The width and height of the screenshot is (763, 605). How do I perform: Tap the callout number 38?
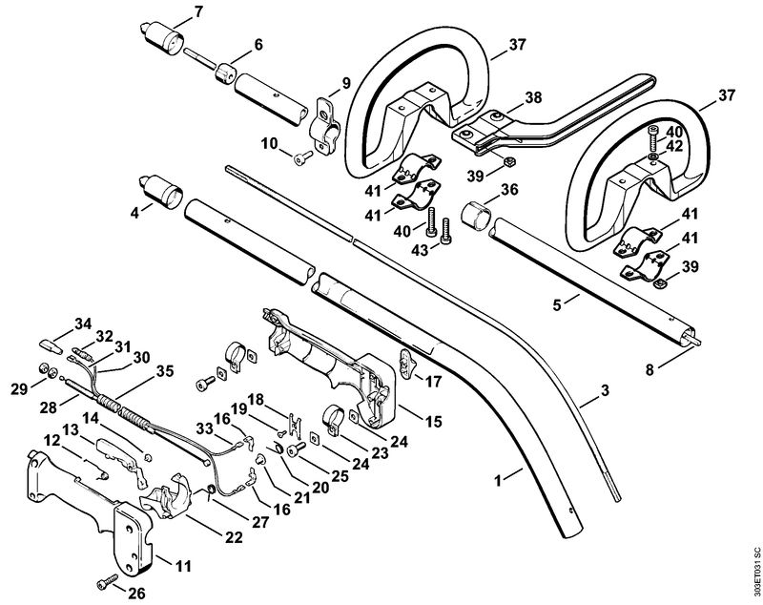point(533,97)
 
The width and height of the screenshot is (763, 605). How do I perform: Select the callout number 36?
point(509,189)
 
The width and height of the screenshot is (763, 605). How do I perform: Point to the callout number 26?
point(135,593)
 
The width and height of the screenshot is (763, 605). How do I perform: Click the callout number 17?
point(433,382)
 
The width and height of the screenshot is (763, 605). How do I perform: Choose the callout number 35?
point(164,371)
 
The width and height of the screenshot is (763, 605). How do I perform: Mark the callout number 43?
point(420,250)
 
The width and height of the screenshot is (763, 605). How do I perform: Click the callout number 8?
point(650,370)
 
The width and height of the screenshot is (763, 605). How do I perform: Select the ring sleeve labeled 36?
point(475,215)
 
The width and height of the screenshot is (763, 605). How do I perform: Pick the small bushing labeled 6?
point(225,73)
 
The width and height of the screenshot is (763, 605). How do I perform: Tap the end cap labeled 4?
point(161,191)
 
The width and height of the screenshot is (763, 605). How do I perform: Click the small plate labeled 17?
point(407,362)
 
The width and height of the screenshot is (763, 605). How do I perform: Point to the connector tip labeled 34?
point(51,346)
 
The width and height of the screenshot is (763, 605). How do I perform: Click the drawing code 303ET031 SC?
point(755,574)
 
